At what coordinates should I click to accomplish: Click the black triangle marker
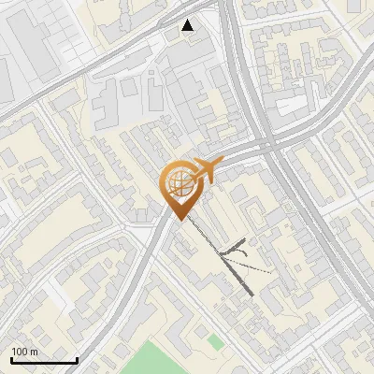(x=188, y=26)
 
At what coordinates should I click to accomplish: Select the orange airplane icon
(x=205, y=170)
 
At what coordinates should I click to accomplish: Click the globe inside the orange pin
(x=179, y=182)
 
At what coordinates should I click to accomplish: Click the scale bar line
(x=44, y=360)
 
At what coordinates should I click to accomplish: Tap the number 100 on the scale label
(x=21, y=352)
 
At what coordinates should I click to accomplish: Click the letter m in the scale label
(x=35, y=352)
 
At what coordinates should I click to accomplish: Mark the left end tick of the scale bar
(x=11, y=358)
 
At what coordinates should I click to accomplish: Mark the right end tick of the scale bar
(x=77, y=358)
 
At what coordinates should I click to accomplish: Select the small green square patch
(x=216, y=342)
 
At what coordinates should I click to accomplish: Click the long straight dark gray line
(x=224, y=258)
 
